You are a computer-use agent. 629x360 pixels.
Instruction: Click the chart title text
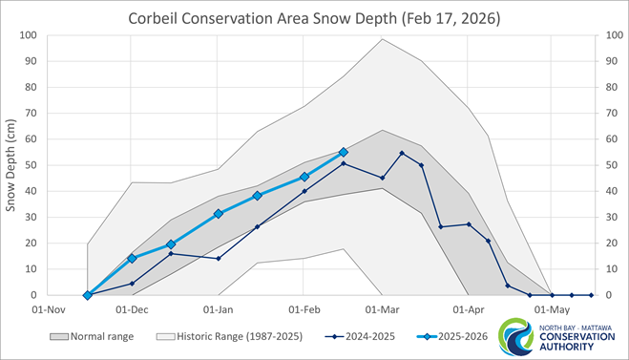[x=314, y=18]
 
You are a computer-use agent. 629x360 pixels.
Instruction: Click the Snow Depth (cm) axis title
[x=13, y=164]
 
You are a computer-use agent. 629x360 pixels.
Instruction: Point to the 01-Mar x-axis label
[x=382, y=310]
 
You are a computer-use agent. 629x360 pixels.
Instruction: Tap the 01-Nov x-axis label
[x=48, y=310]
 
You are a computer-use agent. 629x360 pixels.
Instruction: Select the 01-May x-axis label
[x=552, y=310]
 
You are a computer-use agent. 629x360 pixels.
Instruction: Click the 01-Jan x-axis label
[x=219, y=310]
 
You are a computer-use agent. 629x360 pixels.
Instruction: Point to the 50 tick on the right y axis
[x=602, y=165]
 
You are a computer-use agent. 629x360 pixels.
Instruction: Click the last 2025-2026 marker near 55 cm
[x=344, y=152]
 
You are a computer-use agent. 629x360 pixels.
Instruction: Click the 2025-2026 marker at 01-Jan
[x=219, y=214]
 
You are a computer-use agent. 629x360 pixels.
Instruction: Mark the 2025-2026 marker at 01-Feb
[x=304, y=177]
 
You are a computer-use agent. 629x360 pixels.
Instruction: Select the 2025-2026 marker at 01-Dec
[x=132, y=259]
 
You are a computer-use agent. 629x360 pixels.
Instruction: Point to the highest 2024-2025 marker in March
[x=402, y=153]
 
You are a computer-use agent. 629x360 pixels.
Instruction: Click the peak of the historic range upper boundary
[x=382, y=39]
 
